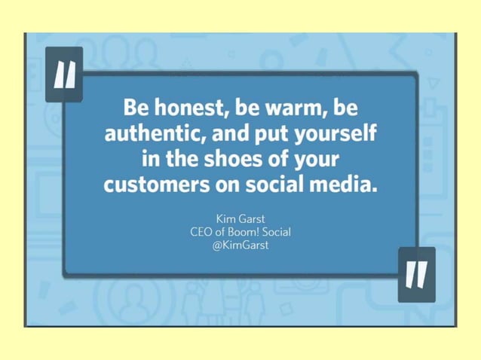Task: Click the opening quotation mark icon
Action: pos(65,74)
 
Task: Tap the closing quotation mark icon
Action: pos(416,275)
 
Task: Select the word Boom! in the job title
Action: pos(247,232)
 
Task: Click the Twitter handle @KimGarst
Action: pos(240,246)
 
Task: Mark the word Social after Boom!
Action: pos(277,232)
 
